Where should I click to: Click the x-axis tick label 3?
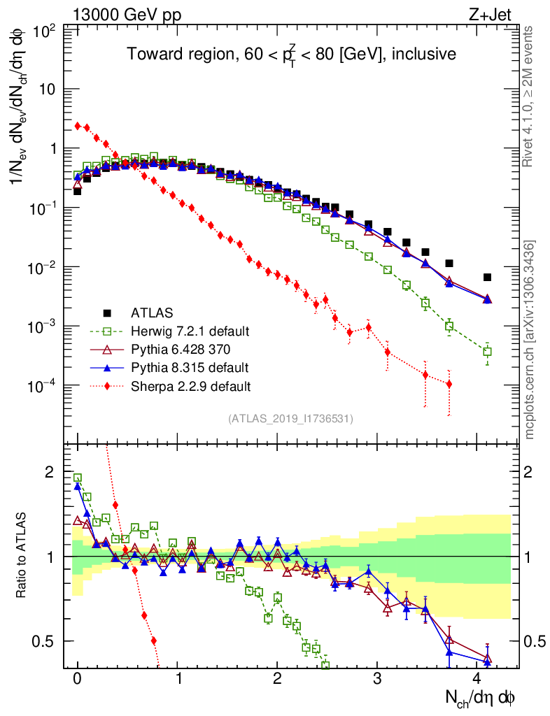coord(377,680)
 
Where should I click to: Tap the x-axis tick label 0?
coord(77,680)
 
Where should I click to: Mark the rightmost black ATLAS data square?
coord(488,277)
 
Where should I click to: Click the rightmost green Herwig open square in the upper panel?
coord(488,352)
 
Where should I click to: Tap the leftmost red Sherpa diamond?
coord(77,126)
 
